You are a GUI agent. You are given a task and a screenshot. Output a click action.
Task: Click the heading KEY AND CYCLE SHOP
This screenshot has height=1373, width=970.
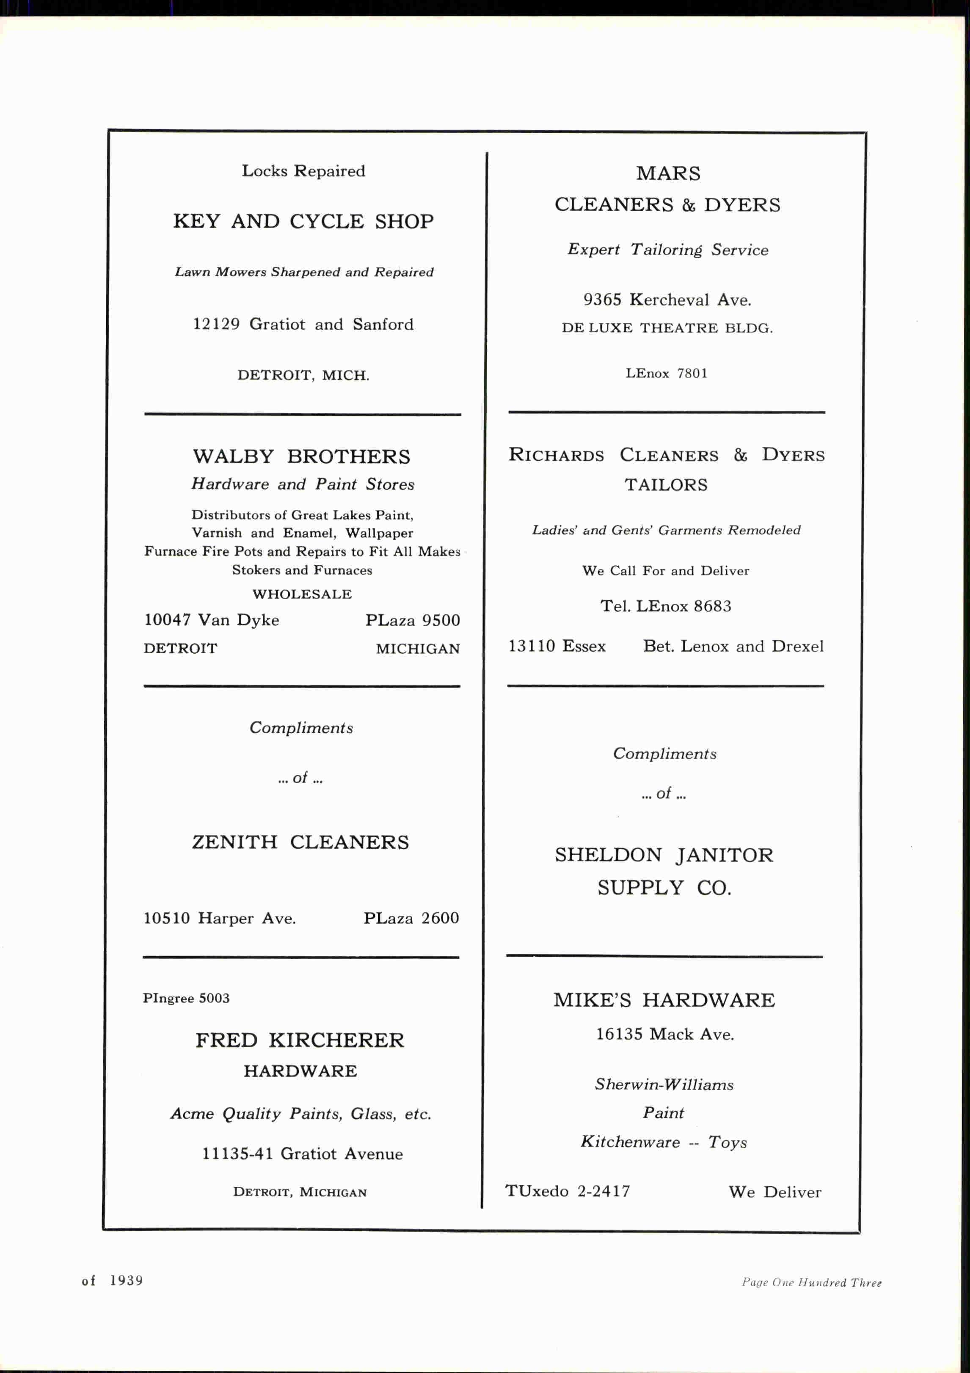(303, 222)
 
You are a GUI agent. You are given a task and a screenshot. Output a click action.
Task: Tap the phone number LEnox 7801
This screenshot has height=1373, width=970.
(666, 373)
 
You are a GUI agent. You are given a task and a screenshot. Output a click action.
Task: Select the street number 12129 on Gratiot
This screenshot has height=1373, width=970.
(216, 324)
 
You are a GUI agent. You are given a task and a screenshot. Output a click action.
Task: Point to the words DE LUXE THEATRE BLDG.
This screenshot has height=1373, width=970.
(667, 328)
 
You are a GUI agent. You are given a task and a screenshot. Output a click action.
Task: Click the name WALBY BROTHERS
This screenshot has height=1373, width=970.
(301, 457)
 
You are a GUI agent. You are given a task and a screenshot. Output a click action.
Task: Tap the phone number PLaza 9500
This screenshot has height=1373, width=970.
(413, 620)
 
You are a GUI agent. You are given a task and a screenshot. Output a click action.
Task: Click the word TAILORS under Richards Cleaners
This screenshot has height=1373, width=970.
(666, 485)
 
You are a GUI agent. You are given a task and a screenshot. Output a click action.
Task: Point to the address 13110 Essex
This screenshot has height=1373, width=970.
(557, 647)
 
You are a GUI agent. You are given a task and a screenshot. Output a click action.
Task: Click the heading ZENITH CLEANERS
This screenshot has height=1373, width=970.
(300, 842)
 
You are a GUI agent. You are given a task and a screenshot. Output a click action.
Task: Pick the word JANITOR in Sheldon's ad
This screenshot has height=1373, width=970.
(724, 856)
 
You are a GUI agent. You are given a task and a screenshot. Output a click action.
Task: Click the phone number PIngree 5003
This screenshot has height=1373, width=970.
(186, 998)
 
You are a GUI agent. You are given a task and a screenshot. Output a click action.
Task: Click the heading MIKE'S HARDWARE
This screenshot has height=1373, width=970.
(664, 1000)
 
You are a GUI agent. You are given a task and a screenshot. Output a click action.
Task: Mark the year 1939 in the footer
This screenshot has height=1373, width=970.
(126, 1280)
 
